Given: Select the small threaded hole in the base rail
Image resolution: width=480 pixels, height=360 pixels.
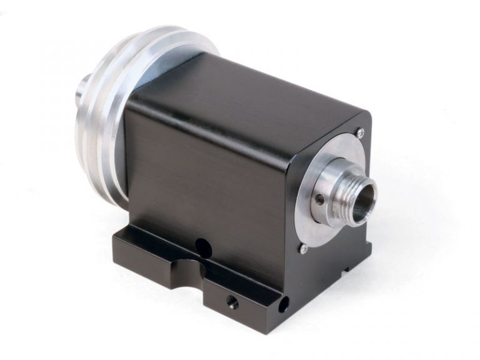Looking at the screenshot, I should (232, 303).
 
